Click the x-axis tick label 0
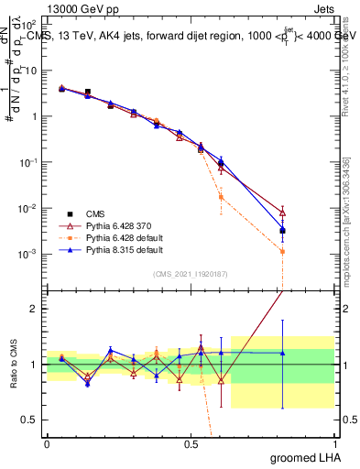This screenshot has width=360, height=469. pos(47,442)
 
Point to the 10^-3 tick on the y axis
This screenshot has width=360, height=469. pos(33,254)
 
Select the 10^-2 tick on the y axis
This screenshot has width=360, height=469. pos(33,208)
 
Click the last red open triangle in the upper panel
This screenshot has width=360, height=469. pos(283,213)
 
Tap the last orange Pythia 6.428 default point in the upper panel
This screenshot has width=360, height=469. pos(283,251)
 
